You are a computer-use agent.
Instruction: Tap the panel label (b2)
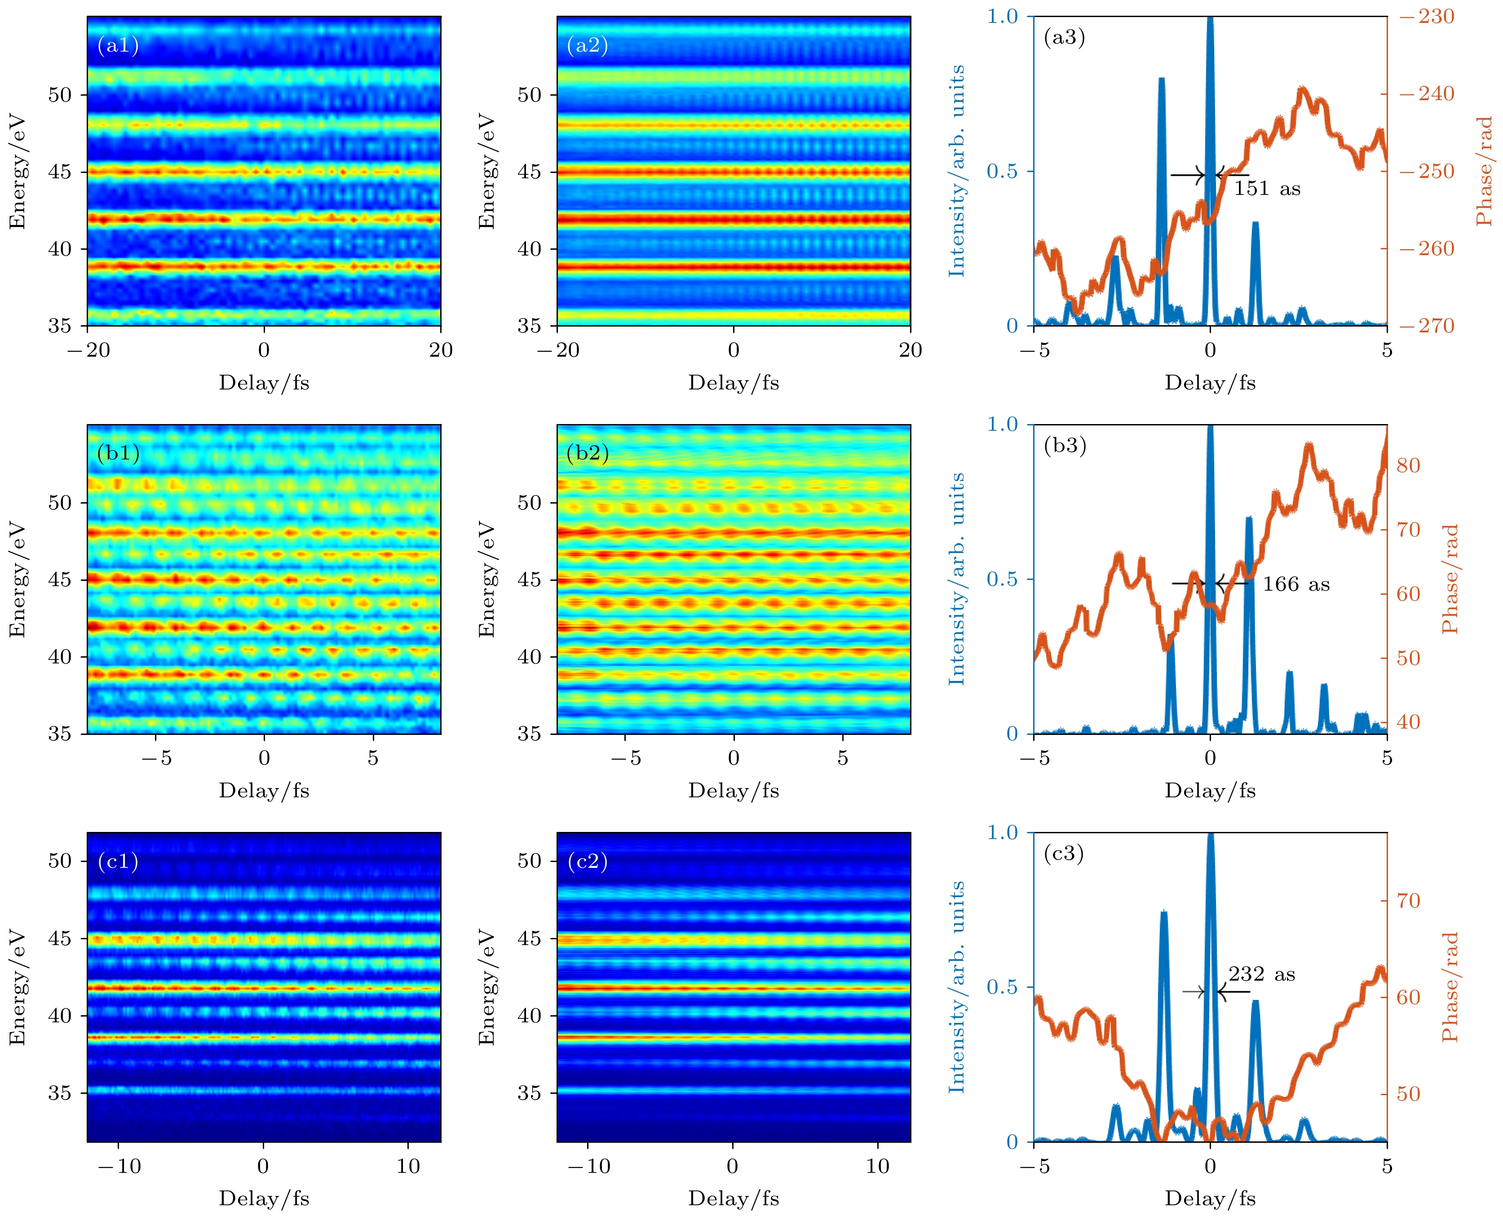point(587,453)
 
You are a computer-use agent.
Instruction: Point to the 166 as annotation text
point(1295,584)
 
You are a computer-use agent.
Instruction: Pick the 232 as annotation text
point(1261,974)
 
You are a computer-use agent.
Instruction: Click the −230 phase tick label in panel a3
point(1426,16)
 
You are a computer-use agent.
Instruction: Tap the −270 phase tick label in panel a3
point(1426,326)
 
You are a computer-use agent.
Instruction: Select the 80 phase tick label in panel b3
point(1408,466)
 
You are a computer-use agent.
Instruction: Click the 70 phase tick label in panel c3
point(1408,901)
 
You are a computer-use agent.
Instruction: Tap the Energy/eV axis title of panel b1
point(17,579)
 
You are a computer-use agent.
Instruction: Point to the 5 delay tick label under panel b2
point(843,758)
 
